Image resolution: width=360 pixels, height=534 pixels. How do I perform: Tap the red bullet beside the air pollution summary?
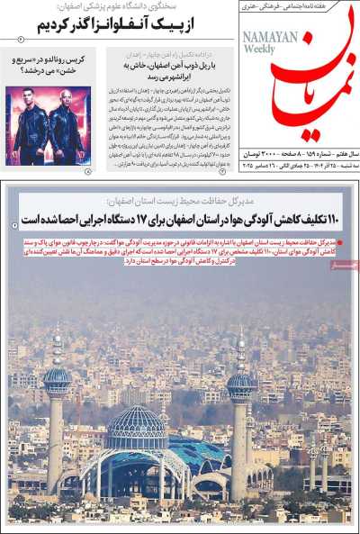click(352, 242)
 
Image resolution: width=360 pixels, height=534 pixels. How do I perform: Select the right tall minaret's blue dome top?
click(240, 378)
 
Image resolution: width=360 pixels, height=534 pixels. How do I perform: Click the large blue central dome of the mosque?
click(136, 428)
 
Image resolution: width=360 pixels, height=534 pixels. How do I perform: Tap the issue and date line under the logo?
click(298, 161)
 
